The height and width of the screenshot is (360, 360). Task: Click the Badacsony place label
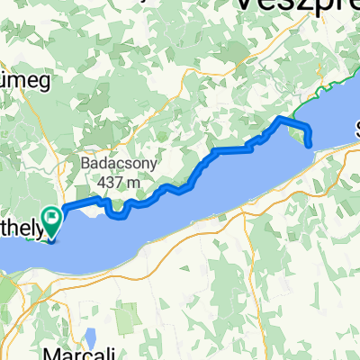[110, 166]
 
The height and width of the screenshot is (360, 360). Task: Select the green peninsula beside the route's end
[299, 133]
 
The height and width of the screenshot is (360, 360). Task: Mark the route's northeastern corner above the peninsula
[281, 118]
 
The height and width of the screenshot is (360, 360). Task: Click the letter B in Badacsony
[83, 166]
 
